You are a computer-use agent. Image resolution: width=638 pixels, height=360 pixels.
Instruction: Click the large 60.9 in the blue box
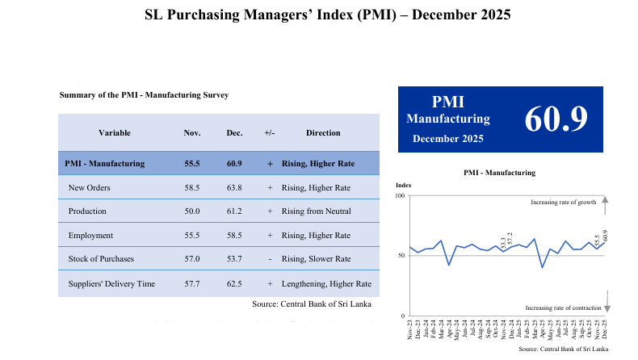tap(556, 119)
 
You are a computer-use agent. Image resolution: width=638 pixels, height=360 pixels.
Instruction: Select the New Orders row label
tap(90, 187)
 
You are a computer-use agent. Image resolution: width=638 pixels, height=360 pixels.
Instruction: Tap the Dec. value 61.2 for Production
tap(234, 211)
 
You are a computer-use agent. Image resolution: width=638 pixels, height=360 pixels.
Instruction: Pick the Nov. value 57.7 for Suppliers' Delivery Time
tap(192, 283)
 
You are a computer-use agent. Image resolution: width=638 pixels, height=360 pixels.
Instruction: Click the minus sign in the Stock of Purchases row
tap(270, 259)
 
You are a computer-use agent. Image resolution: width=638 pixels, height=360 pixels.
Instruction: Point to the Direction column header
tap(323, 132)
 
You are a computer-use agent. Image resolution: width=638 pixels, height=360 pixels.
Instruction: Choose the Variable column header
tap(115, 132)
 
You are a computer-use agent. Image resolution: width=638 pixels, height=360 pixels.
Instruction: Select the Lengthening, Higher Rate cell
tap(326, 283)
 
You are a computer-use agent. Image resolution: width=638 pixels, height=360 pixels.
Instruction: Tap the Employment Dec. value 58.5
tap(234, 235)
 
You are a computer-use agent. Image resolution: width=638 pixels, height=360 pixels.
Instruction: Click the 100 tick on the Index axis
tap(401, 196)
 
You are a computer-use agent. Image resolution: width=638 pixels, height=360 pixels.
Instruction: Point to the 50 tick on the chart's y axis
tap(402, 255)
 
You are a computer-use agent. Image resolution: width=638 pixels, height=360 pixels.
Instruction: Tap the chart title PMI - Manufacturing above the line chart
tap(499, 173)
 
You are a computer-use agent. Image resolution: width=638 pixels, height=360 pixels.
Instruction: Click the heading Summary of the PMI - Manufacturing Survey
tap(144, 94)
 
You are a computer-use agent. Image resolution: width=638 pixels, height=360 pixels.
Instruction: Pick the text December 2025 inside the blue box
tap(448, 139)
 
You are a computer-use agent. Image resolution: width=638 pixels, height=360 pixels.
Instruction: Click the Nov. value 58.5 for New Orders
tap(192, 187)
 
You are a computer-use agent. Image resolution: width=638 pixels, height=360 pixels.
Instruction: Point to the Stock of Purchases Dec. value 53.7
tap(234, 259)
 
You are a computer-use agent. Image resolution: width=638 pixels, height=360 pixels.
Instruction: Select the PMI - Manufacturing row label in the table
tap(104, 163)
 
